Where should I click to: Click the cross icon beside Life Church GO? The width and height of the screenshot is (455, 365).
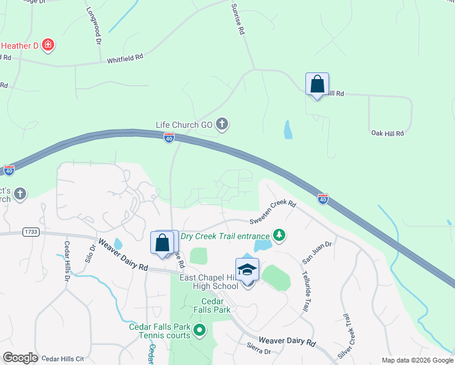[x=222, y=125]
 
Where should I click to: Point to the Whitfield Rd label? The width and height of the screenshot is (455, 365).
[x=125, y=59]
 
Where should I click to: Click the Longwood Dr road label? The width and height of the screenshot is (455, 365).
[x=94, y=26]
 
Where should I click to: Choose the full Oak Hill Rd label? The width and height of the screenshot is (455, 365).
[x=387, y=133]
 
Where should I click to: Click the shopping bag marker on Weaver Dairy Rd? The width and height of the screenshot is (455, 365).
[x=162, y=243]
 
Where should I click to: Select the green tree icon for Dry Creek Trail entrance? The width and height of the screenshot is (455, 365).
[x=279, y=235]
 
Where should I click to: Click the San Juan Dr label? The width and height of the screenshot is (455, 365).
[x=317, y=252]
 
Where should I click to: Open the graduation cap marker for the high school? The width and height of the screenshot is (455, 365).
[x=248, y=269]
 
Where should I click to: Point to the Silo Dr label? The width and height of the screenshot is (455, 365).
[x=92, y=252]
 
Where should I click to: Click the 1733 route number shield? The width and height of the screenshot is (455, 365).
[x=29, y=232]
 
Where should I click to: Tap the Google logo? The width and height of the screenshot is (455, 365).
[x=20, y=358]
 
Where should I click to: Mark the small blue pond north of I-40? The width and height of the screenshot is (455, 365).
[x=287, y=129]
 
